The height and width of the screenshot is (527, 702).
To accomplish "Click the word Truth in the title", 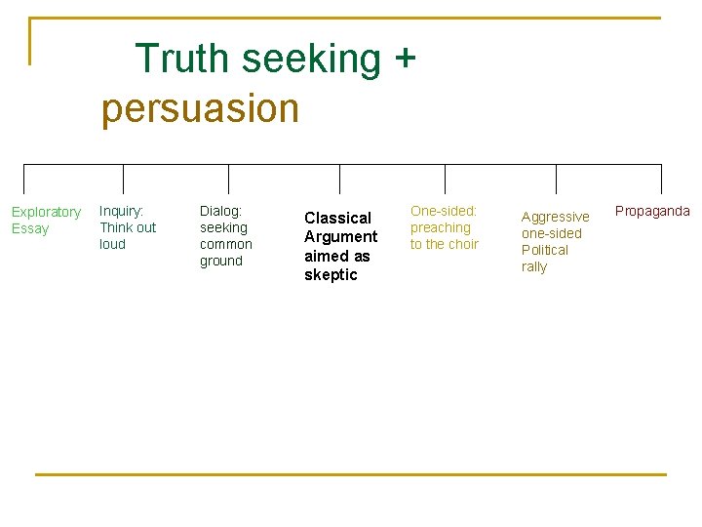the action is click(x=182, y=59).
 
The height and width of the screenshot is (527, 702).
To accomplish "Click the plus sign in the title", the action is click(x=405, y=60).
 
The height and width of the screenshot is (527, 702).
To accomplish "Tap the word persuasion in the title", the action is click(x=200, y=108).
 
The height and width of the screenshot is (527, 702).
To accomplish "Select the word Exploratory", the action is click(x=46, y=212).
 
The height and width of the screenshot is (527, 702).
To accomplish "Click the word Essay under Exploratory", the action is click(x=30, y=228).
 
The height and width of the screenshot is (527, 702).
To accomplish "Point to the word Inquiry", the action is click(x=122, y=211).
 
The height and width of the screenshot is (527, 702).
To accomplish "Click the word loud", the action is click(x=112, y=244).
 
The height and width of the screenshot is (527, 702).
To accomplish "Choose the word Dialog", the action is click(x=221, y=211).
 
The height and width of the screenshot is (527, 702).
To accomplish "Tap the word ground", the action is click(x=221, y=261).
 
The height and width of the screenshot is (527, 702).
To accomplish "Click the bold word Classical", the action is click(x=337, y=218).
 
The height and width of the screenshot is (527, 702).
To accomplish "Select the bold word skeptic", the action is click(x=331, y=274).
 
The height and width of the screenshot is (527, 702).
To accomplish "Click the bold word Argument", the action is click(x=340, y=236).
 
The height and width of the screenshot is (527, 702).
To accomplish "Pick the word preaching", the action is click(x=440, y=227).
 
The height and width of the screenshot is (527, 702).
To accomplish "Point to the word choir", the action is click(x=463, y=244).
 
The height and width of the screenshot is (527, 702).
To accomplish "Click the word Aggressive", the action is click(x=555, y=217).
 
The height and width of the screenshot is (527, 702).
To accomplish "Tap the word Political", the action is click(x=544, y=250).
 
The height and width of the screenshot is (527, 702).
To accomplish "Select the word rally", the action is click(x=534, y=266).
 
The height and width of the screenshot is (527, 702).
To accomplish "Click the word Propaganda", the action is click(x=652, y=211).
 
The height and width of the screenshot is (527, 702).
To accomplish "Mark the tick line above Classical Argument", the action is click(x=339, y=179).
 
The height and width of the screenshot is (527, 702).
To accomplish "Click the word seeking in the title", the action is click(x=312, y=60).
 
